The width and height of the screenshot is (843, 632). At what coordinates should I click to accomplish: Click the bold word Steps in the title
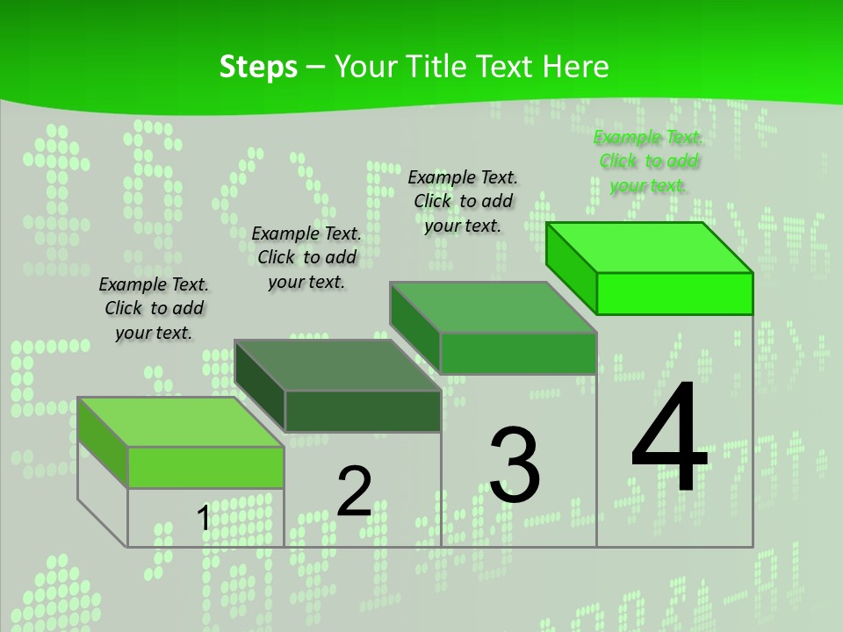point(258,68)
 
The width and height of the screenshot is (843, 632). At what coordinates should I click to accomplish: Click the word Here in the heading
point(576,68)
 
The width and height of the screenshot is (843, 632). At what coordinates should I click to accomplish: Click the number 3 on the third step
point(515,465)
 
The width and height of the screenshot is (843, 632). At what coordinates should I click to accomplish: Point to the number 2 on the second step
point(354,492)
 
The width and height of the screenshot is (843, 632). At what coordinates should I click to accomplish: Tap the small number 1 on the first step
point(204,519)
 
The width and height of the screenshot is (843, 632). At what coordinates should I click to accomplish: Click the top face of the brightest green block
point(650,248)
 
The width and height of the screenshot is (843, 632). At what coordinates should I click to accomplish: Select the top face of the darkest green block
point(338,365)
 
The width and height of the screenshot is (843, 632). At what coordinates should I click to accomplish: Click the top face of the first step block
point(181,422)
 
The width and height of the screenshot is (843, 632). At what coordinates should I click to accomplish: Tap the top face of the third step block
point(494,307)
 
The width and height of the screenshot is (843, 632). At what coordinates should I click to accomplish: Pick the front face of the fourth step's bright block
point(674,293)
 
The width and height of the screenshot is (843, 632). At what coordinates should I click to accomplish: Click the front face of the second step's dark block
point(363,411)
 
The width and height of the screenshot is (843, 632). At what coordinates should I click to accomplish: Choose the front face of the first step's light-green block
point(205,467)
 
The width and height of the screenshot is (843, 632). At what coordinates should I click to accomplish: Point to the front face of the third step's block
point(518,353)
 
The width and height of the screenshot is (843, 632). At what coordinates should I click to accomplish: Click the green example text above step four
point(648,161)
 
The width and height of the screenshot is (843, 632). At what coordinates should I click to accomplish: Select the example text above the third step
point(463,201)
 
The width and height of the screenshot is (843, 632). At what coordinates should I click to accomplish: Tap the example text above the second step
point(306,257)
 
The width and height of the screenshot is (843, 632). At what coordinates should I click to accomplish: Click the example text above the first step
point(154,308)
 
